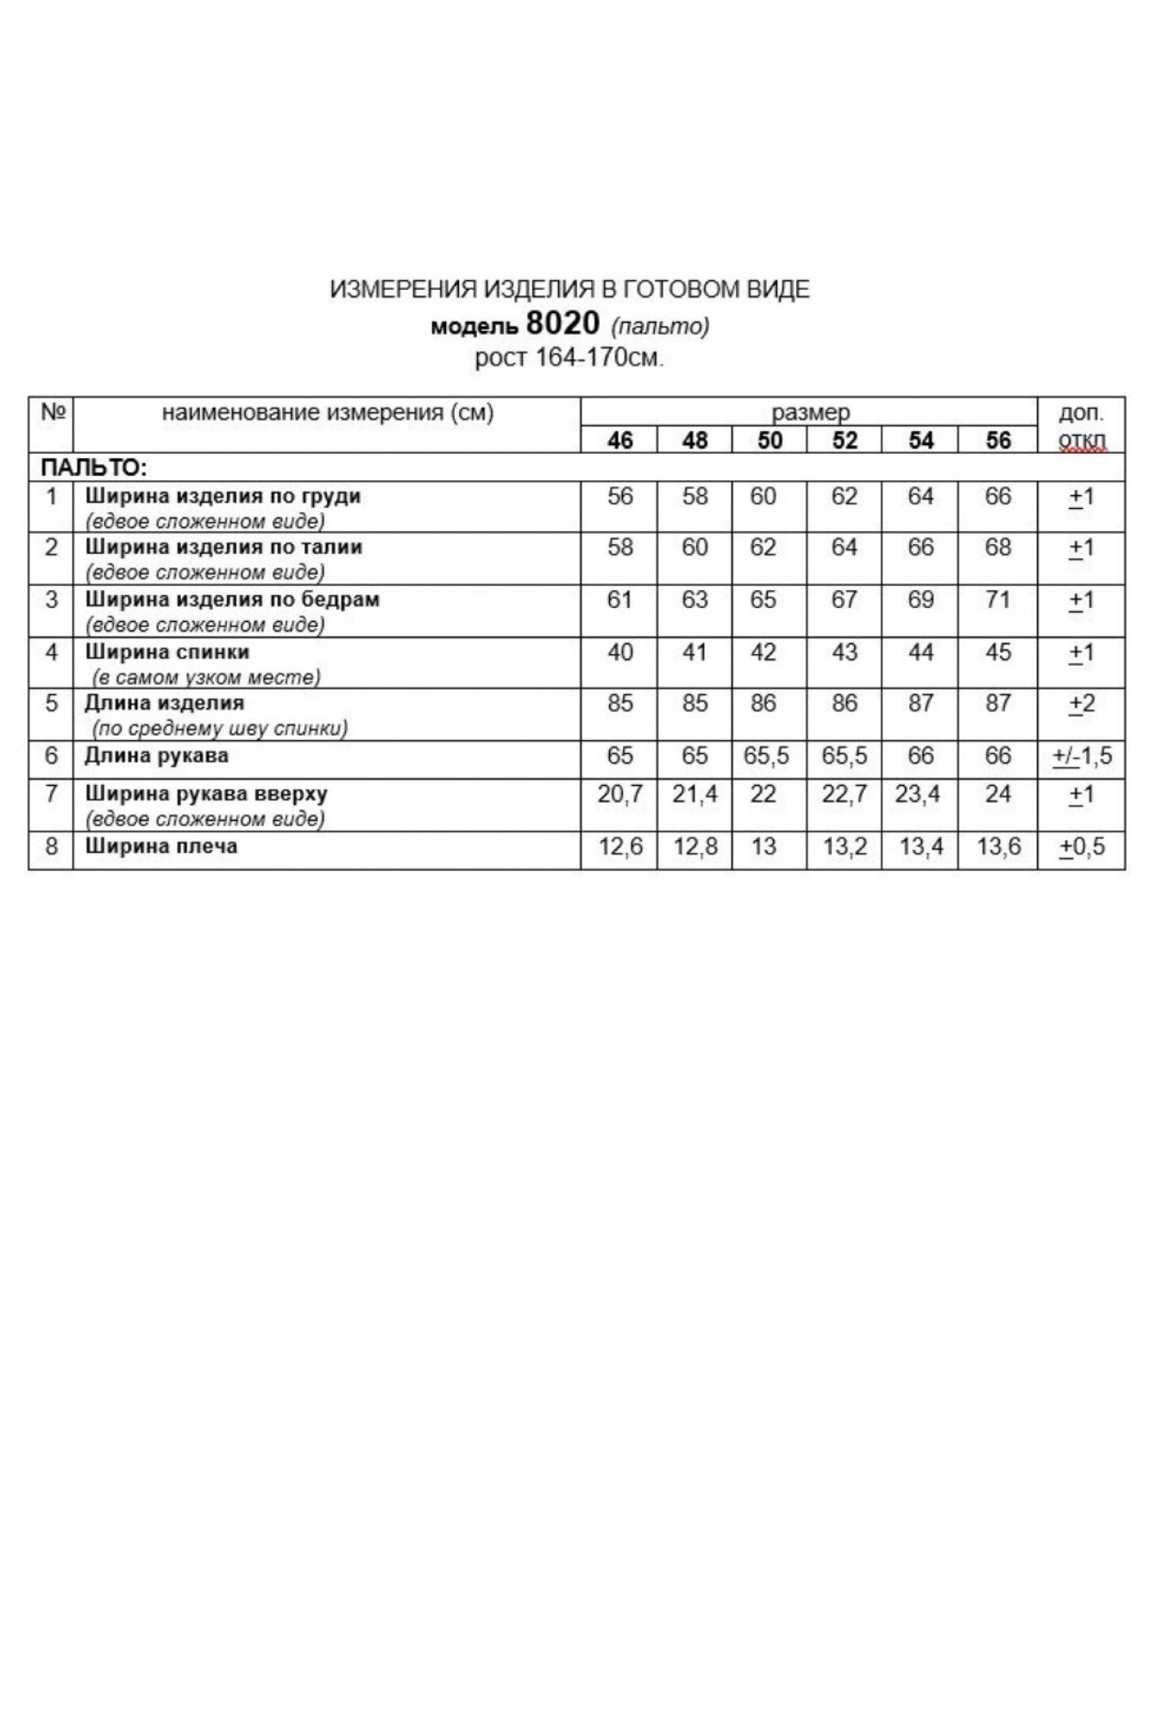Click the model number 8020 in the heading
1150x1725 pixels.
tap(562, 323)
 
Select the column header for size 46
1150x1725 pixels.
tap(619, 441)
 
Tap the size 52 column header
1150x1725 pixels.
tap(845, 441)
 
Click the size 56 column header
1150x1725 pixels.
tap(997, 441)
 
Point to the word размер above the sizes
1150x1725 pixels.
tap(810, 412)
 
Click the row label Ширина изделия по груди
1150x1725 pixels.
tap(223, 497)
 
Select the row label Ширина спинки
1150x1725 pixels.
tap(167, 652)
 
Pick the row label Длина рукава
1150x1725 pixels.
tap(156, 756)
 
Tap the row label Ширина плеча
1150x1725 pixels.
tap(160, 846)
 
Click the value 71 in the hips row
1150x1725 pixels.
tap(997, 599)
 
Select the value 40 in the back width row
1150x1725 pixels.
tap(619, 652)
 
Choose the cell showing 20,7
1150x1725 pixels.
tap(619, 794)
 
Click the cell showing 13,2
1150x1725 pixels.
tap(845, 847)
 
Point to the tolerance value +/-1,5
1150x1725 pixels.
tap(1082, 756)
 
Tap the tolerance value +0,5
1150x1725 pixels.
tap(1082, 847)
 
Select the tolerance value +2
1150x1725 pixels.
tap(1082, 704)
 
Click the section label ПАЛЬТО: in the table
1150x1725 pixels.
tap(94, 468)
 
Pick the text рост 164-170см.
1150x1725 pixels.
tap(569, 357)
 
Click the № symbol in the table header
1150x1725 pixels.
tap(53, 412)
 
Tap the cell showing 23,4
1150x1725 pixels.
tap(919, 794)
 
